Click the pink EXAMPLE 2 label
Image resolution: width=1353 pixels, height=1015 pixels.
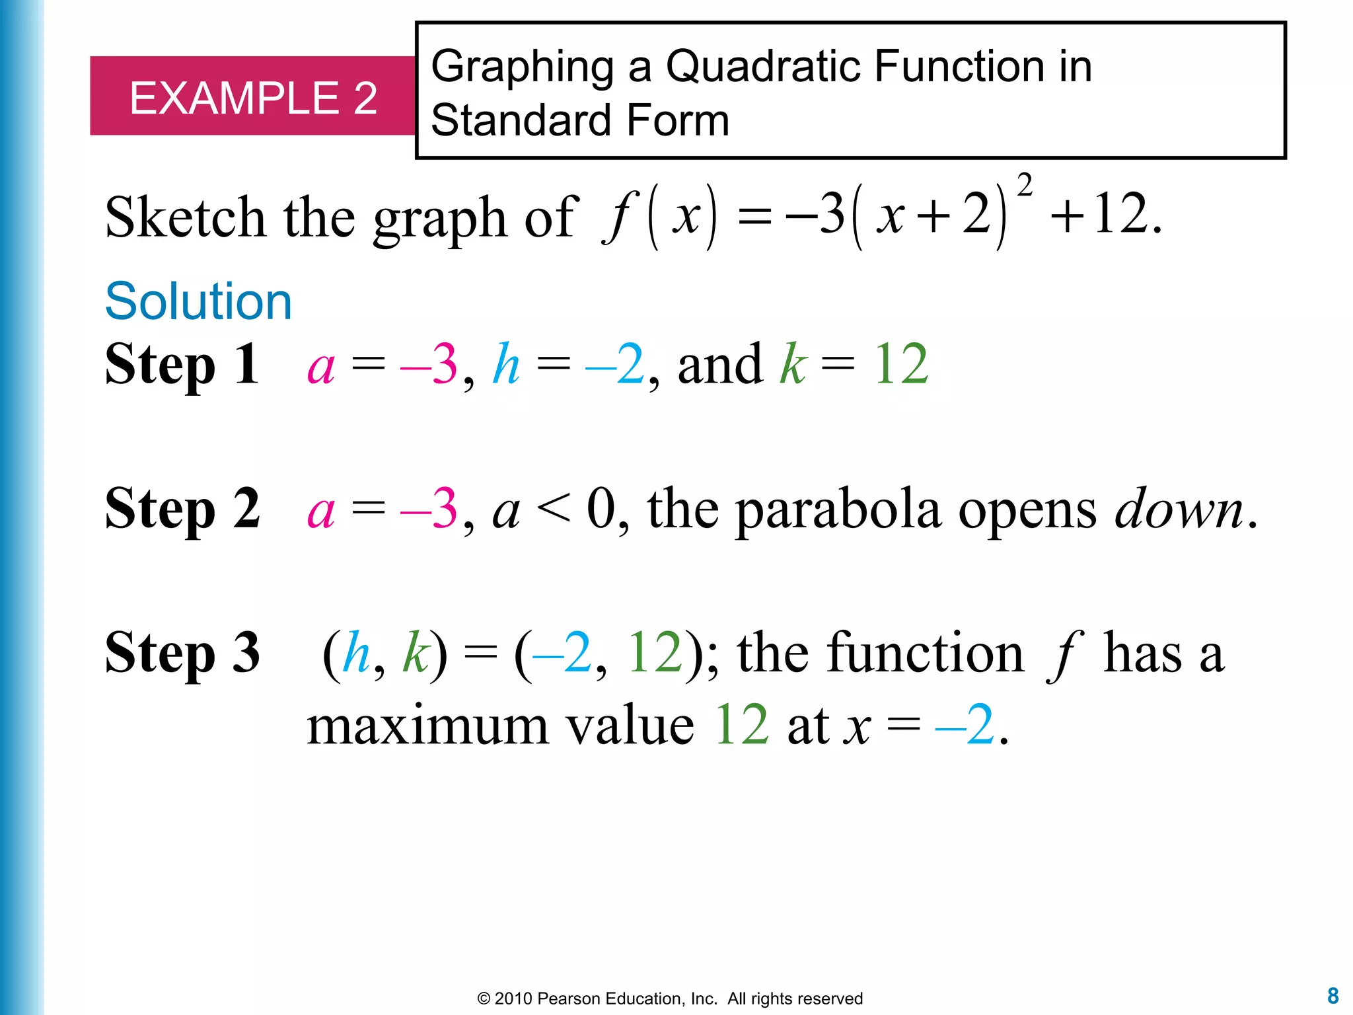253,98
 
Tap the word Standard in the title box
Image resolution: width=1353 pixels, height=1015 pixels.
521,120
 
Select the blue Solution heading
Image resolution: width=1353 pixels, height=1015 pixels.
198,301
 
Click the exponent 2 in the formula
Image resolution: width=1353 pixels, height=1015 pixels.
1025,186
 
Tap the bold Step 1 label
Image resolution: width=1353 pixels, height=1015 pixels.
182,364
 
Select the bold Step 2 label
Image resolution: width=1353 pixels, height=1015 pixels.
182,508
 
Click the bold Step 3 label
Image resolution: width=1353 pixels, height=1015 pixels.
182,653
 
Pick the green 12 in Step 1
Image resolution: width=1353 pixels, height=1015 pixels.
901,364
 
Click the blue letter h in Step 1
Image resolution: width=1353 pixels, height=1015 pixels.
506,364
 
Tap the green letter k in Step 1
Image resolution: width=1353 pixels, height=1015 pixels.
793,364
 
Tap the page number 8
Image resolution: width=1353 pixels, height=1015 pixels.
1333,995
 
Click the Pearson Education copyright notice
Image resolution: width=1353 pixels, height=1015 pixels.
670,998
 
